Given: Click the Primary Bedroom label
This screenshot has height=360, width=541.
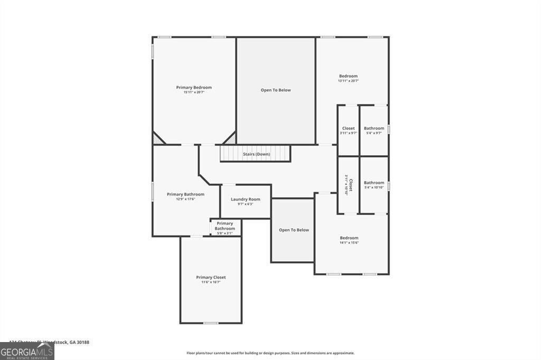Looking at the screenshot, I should click(x=194, y=87).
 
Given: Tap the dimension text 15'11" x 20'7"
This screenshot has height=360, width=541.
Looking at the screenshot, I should click(x=194, y=92).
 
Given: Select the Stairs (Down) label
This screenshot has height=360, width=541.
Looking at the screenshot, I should click(x=256, y=154).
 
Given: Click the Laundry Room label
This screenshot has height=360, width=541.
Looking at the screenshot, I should click(x=245, y=199).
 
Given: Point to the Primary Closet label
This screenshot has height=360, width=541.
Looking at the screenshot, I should click(x=211, y=277).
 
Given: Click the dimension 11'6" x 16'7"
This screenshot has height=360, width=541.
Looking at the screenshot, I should click(x=211, y=282).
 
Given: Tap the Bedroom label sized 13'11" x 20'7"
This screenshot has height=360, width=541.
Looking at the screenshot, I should click(x=348, y=76).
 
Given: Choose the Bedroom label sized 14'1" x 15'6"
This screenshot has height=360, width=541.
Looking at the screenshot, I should click(x=349, y=238).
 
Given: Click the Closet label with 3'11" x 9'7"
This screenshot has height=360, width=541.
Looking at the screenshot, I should click(x=348, y=128).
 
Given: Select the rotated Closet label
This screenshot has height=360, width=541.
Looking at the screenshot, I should click(x=349, y=185).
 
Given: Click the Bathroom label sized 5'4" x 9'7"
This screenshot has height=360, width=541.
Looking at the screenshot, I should click(x=374, y=128).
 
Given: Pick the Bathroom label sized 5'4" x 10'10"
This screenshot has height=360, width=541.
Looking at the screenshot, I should click(x=374, y=183).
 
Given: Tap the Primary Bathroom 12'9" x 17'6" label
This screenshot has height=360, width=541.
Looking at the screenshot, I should click(x=185, y=194).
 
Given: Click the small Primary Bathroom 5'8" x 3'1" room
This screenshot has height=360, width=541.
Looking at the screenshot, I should click(x=225, y=228).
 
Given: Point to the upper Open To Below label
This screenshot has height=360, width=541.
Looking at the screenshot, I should click(x=276, y=90).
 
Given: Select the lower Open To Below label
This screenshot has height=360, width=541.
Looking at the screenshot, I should click(x=294, y=230).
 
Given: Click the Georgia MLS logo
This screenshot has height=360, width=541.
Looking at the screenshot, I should click(x=27, y=351).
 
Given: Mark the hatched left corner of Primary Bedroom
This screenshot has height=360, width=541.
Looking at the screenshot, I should click(x=157, y=139).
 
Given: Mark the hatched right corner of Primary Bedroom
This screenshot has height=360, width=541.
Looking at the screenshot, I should click(x=230, y=139).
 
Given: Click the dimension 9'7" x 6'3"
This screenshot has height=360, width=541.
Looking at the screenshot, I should click(x=245, y=204).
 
